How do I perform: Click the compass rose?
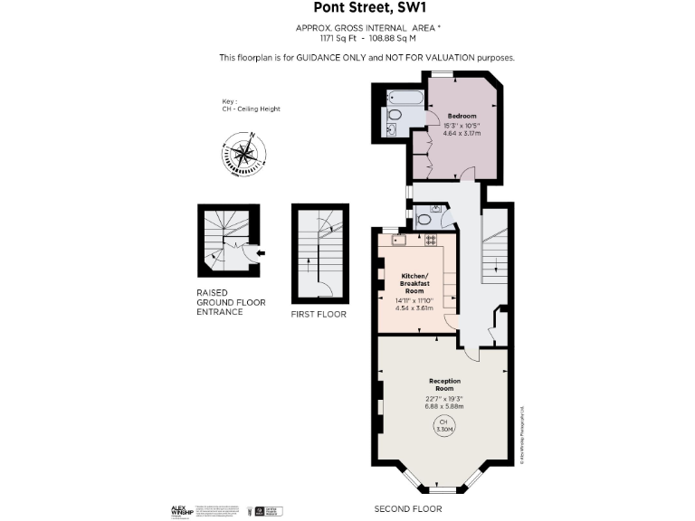tap(243, 154)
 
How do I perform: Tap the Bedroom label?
tap(462, 116)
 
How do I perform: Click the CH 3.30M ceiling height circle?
tap(443, 427)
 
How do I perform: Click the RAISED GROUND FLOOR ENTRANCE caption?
tap(231, 302)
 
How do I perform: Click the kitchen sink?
tap(399, 240)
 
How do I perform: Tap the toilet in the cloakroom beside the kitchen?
tap(424, 219)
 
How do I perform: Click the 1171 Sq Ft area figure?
tap(340, 39)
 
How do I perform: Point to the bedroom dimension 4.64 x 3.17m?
tap(462, 133)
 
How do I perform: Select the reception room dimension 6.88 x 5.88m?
tap(444, 406)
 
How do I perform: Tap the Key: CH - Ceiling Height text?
tap(251, 106)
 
